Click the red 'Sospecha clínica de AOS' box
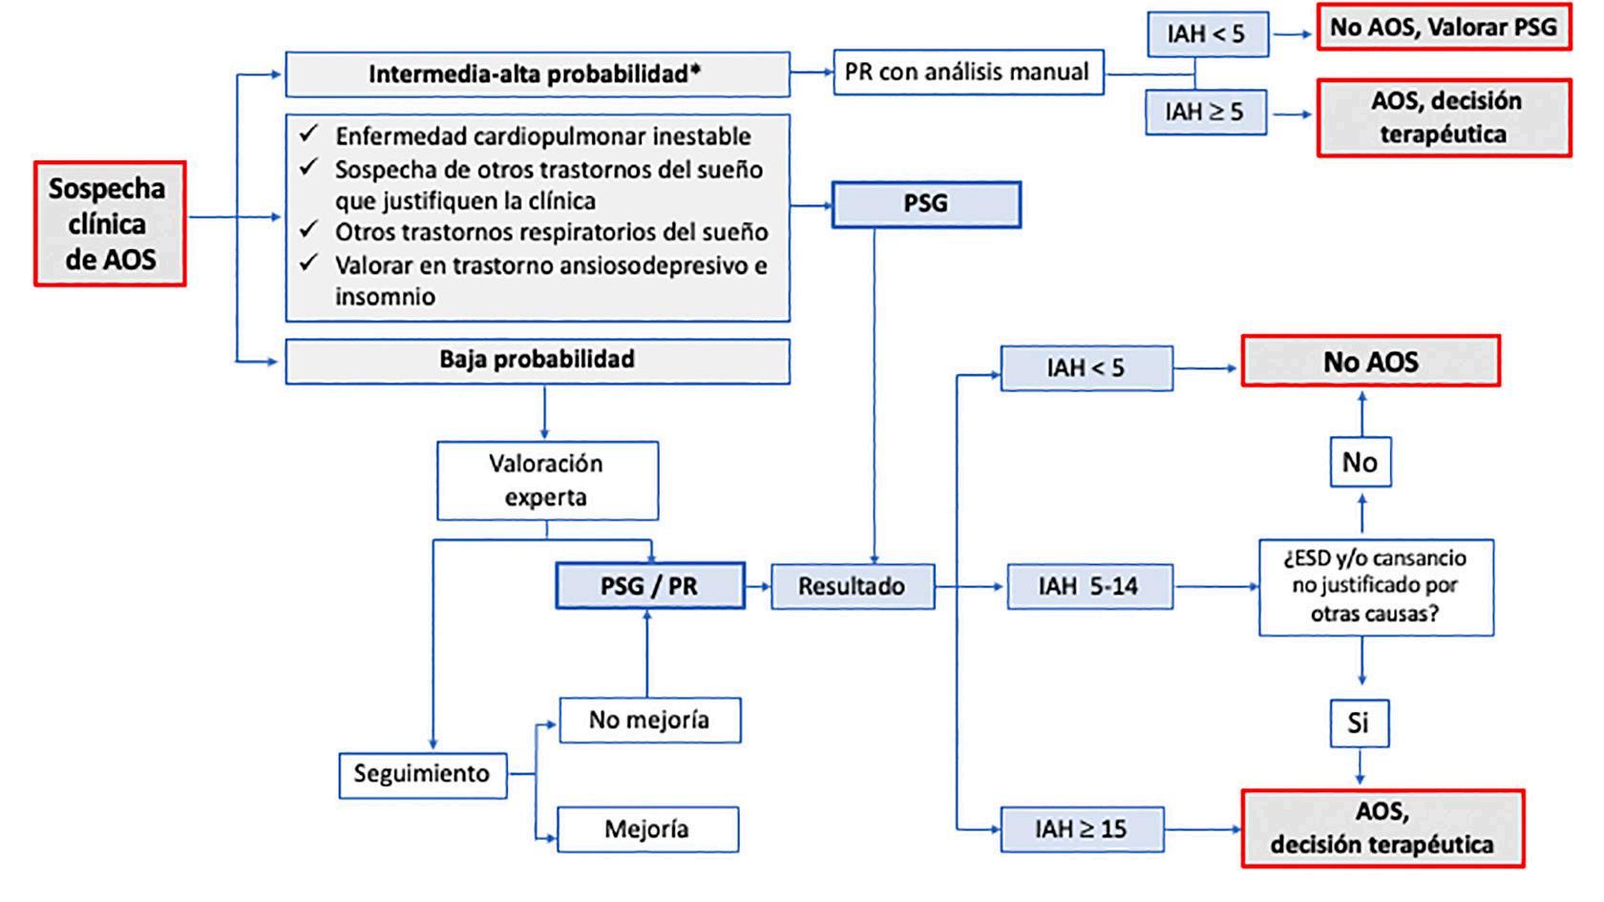click(111, 224)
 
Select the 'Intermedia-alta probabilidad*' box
click(538, 73)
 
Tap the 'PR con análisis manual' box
click(968, 73)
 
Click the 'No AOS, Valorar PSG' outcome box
click(1444, 27)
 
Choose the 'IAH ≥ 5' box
click(1206, 112)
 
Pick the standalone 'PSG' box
click(926, 204)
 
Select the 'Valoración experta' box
click(548, 480)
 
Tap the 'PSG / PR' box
click(650, 586)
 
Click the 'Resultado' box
click(852, 586)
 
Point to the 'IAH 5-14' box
click(1090, 586)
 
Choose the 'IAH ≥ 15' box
click(1082, 829)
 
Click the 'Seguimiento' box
click(422, 775)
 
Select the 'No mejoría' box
click(650, 720)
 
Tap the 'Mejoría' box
click(648, 829)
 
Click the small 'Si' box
click(1360, 724)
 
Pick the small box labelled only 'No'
click(1361, 462)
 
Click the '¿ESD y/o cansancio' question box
click(1377, 587)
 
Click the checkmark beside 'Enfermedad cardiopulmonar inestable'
click(308, 134)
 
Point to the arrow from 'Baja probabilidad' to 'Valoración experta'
click(545, 412)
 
